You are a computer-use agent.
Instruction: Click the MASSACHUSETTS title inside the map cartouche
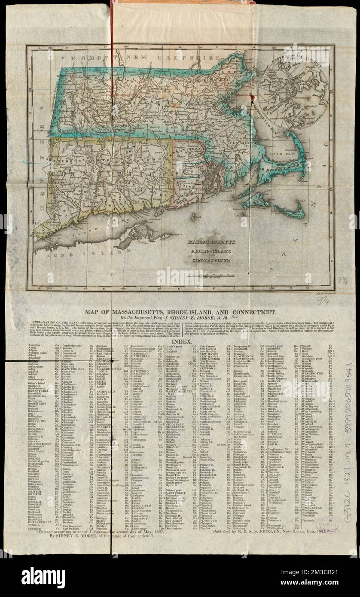tap(204, 243)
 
